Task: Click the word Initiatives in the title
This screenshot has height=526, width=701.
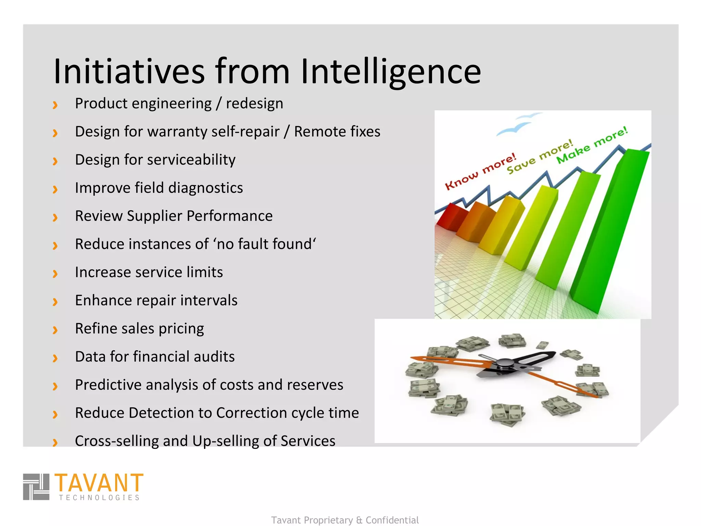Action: pyautogui.click(x=129, y=71)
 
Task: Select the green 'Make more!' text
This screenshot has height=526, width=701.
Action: pyautogui.click(x=592, y=145)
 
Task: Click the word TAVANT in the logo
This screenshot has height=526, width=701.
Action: pyautogui.click(x=99, y=483)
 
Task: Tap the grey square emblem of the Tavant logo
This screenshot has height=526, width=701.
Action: pyautogui.click(x=36, y=487)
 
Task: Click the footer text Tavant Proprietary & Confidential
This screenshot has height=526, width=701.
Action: pyautogui.click(x=345, y=520)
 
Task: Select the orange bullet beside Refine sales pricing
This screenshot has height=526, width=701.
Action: pyautogui.click(x=55, y=329)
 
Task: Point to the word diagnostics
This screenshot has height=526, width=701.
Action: pyautogui.click(x=205, y=188)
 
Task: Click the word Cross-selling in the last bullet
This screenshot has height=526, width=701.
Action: pyautogui.click(x=117, y=441)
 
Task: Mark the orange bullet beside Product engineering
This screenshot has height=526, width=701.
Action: pyautogui.click(x=55, y=104)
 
